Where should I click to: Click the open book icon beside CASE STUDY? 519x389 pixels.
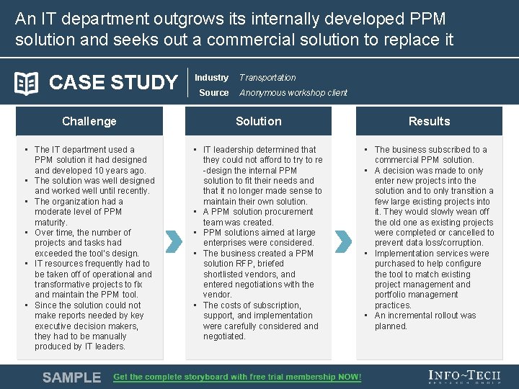click(27, 84)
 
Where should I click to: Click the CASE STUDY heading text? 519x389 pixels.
click(112, 84)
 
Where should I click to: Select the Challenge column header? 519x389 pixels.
click(89, 121)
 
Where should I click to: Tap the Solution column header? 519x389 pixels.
click(258, 121)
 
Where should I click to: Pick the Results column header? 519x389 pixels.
click(429, 121)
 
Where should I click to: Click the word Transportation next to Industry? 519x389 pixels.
click(267, 78)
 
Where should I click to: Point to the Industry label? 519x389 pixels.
click(211, 78)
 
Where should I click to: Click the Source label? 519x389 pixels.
click(213, 93)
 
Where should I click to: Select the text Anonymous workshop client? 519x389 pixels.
click(293, 93)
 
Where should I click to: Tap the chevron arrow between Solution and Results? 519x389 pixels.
click(344, 241)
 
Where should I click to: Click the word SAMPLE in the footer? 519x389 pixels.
click(71, 377)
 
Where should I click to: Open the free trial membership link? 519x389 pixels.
click(237, 377)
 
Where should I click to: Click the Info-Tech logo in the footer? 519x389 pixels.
click(463, 377)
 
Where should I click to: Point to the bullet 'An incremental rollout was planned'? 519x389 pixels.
click(425, 321)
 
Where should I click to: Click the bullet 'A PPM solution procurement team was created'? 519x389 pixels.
click(258, 218)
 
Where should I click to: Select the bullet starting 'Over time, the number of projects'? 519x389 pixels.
click(86, 243)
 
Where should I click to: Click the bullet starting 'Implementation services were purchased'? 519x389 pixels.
click(431, 280)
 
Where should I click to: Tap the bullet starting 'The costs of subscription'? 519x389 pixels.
click(260, 321)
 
